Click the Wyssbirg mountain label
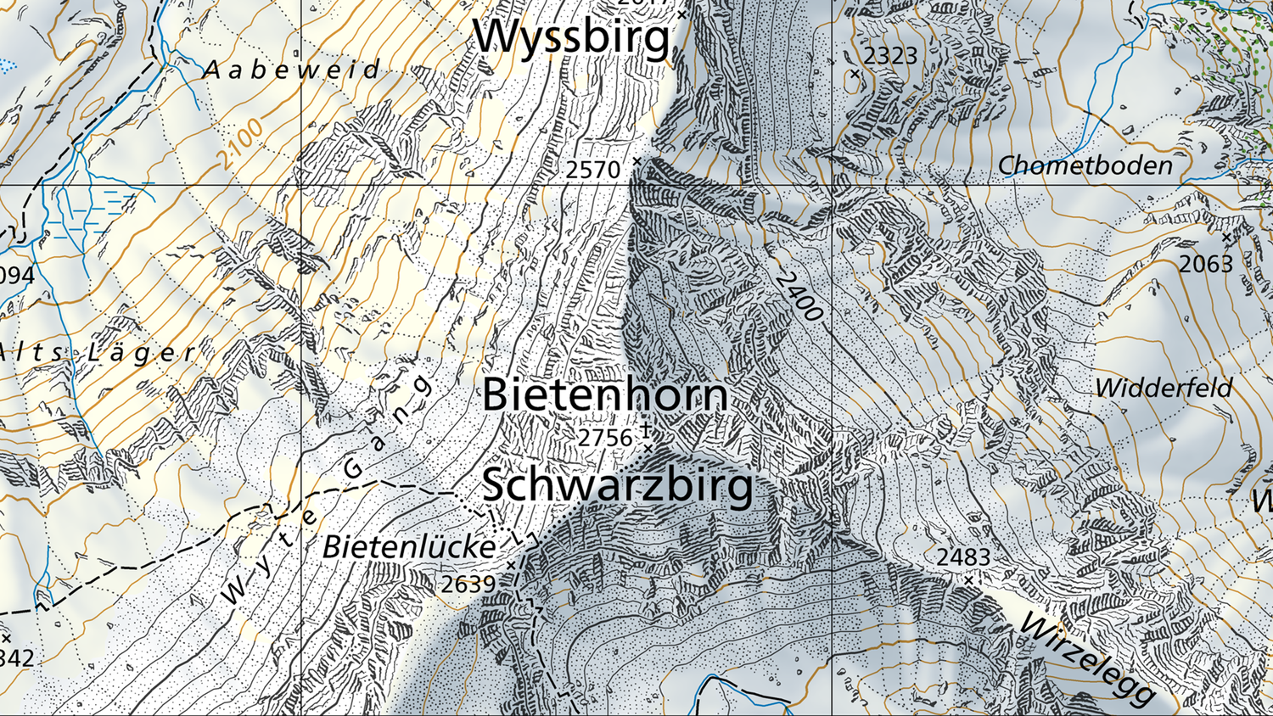pos(571,37)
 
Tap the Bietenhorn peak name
pos(605,395)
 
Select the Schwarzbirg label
pos(617,485)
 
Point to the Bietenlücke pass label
pos(409,547)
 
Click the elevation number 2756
pos(605,438)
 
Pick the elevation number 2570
pos(593,171)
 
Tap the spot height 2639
pos(468,585)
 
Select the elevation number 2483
pos(963,557)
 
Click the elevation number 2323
pos(890,56)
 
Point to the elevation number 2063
pos(1206,265)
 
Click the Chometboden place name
pos(1085,165)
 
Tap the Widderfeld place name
pos(1164,389)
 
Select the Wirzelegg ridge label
pos(1087,657)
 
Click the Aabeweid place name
pos(292,70)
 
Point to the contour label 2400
pos(799,296)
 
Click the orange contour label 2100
pos(239,143)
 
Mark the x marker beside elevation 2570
pos(637,160)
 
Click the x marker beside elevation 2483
pos(968,580)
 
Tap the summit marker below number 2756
pos(648,447)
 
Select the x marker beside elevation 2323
pos(855,74)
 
